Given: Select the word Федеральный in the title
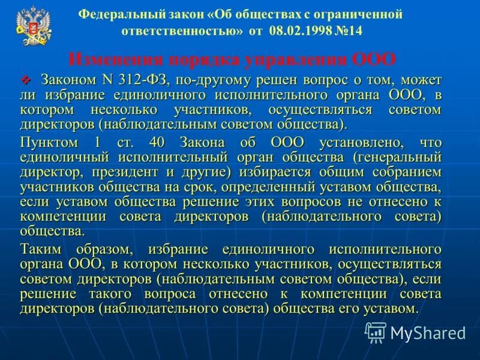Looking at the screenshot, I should click(114, 14).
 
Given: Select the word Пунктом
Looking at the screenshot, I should click(49, 142).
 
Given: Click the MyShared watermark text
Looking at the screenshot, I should click(428, 331).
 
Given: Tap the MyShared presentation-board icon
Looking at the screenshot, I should click(376, 331).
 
